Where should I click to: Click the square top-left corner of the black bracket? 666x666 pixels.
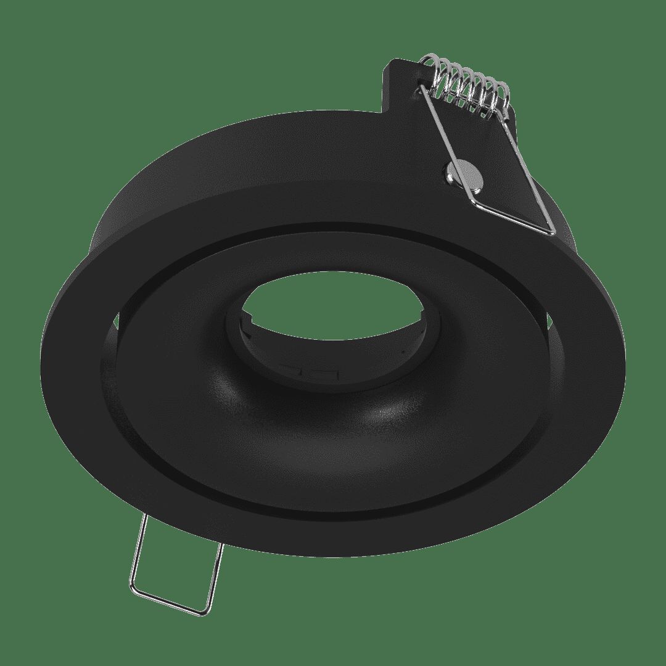390,62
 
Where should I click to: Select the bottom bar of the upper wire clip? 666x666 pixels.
512,216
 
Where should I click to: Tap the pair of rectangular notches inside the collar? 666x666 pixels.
308,372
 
